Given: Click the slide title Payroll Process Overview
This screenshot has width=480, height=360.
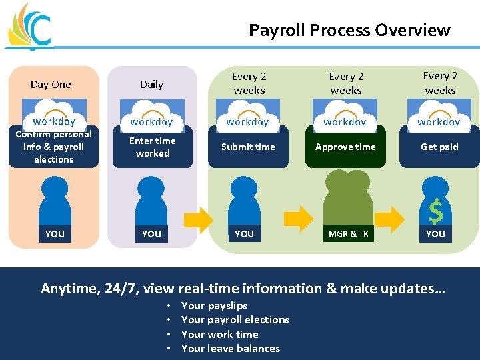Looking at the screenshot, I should coord(349,30).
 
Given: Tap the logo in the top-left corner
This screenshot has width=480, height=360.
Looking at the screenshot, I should coord(29,27).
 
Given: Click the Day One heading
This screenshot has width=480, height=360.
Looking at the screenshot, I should coord(51,84).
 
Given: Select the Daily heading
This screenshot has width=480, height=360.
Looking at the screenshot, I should coord(151,84).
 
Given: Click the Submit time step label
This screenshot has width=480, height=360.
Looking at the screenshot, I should coord(248,147).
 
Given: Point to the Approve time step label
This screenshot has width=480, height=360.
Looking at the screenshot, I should coord(345,147).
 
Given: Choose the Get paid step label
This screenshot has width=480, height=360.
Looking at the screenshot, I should coord(439,147).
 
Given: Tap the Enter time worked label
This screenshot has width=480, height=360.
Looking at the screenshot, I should coord(153,147).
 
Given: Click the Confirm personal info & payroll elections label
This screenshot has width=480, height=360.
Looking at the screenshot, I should coord(53,147).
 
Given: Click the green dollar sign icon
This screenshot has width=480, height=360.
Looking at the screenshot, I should coord(435,212).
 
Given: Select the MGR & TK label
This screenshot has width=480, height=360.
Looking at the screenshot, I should coord(348,233).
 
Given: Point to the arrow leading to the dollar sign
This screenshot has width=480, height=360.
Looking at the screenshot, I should coord(397,217).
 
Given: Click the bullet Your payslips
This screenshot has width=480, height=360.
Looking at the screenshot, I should coord(214,305).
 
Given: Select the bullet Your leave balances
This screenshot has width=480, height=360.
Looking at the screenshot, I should coord(230,348).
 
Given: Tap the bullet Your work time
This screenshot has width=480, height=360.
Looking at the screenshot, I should coord(219,334).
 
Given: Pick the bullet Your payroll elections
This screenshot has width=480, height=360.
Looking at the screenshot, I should coord(235,319).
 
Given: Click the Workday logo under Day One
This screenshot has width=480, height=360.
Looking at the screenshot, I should coord(54,115).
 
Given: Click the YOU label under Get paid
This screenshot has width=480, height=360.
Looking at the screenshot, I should coord(435,233).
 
